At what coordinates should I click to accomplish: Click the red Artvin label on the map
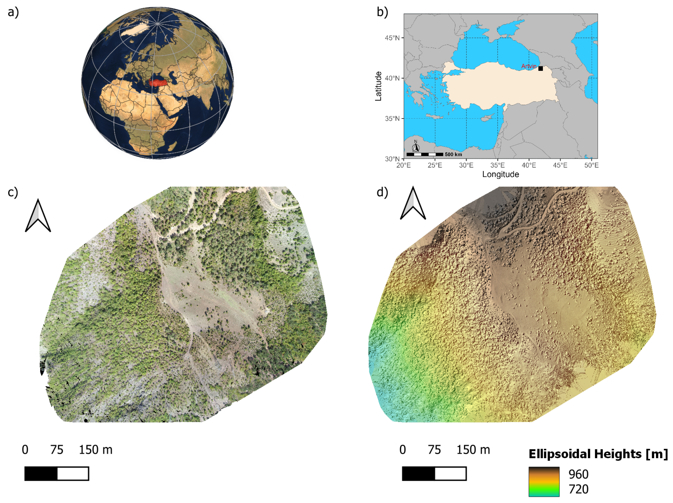pos(529,66)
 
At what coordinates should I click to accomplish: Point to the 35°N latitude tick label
pos(392,119)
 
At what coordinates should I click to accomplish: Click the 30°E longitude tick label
pos(466,165)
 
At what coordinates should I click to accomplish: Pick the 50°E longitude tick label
pos(591,165)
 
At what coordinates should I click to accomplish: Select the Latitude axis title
pos(378,86)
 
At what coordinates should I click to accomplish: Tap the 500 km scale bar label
pos(453,154)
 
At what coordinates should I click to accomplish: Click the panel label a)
pos(13,12)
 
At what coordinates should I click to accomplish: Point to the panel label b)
pos(382,12)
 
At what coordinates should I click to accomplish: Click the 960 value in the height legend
pos(578,474)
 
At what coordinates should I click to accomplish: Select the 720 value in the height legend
pos(578,489)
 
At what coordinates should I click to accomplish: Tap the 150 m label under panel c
pos(96,450)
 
